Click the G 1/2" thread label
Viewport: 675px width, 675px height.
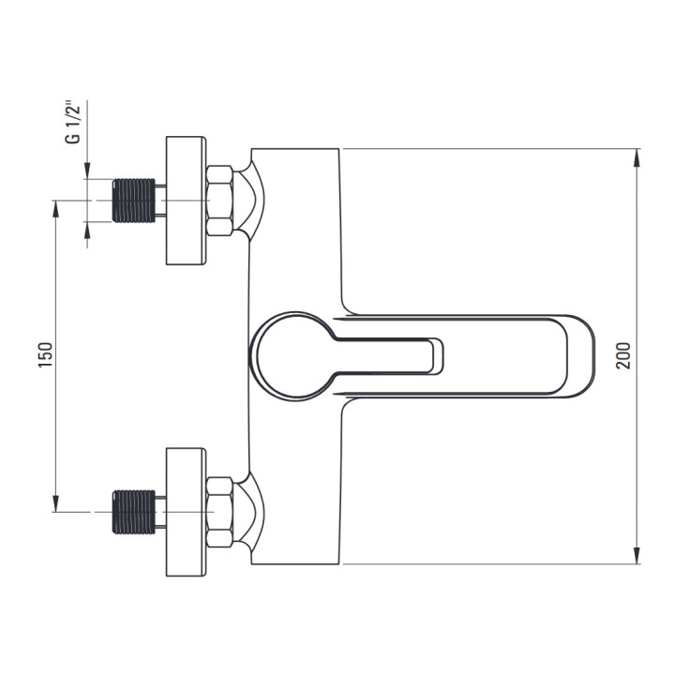click(x=72, y=123)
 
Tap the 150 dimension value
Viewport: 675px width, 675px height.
click(x=45, y=354)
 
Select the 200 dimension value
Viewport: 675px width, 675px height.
click(x=623, y=355)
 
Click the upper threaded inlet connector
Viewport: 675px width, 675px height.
click(x=134, y=201)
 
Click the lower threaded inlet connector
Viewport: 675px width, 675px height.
click(x=134, y=512)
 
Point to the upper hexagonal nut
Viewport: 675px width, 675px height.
click(x=219, y=201)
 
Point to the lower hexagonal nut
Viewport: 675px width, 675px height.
click(x=219, y=512)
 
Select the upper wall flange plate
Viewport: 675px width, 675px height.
click(x=186, y=201)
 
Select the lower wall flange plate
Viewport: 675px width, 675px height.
click(x=186, y=512)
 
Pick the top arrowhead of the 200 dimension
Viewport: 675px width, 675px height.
click(x=637, y=157)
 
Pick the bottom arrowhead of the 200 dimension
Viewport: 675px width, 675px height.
click(x=637, y=555)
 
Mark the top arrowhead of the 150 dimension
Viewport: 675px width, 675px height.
click(x=55, y=209)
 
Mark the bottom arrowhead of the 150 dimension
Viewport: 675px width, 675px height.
click(x=55, y=503)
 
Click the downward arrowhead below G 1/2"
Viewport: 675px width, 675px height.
click(x=87, y=170)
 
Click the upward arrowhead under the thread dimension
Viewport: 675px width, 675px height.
click(x=87, y=231)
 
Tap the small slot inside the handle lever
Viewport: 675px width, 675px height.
click(x=436, y=356)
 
